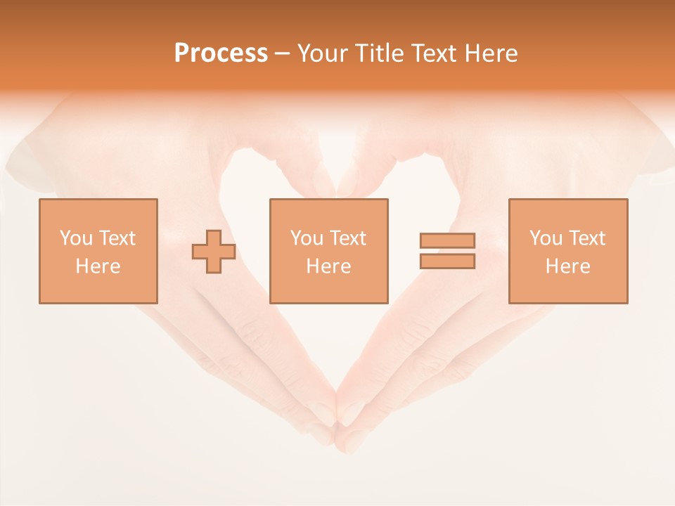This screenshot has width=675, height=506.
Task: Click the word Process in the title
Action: [221, 53]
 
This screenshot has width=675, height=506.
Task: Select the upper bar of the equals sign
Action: [447, 240]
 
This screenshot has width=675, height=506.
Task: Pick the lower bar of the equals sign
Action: [447, 261]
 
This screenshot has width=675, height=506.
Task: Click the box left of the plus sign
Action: [98, 251]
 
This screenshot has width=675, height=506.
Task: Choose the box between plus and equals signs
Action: [328, 251]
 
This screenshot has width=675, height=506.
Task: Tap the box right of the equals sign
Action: [567, 251]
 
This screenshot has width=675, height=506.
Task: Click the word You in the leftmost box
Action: [76, 238]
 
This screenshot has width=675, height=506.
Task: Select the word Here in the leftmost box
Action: [98, 266]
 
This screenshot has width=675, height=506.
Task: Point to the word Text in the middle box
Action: [348, 238]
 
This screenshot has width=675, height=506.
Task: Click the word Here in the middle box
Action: [328, 266]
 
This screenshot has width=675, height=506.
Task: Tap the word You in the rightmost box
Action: [546, 238]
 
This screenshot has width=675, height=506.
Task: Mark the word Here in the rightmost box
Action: [567, 266]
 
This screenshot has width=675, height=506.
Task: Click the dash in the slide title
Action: [282, 54]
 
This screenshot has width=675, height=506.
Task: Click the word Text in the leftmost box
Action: [117, 238]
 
